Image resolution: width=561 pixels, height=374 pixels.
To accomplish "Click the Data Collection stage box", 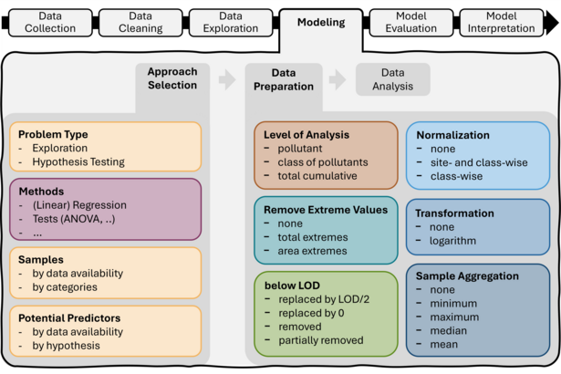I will tap(51, 22).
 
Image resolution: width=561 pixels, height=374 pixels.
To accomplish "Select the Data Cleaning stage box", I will tap(140, 22).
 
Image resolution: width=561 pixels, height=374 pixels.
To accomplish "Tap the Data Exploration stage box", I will tap(231, 22).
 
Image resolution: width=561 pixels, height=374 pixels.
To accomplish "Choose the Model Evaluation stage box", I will tap(411, 22).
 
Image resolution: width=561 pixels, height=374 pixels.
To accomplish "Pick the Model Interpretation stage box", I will tap(502, 22).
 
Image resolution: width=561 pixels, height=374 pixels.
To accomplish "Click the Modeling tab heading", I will tap(321, 23).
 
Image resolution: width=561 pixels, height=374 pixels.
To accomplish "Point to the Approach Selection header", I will tap(171, 78).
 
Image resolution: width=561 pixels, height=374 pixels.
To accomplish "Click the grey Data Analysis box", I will tap(392, 79).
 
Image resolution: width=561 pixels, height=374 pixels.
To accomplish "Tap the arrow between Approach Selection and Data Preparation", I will tap(227, 80).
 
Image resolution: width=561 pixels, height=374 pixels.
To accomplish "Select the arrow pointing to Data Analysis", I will tap(338, 80).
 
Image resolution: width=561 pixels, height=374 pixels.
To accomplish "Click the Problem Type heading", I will tap(53, 134).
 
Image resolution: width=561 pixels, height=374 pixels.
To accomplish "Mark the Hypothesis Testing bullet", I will tap(78, 161).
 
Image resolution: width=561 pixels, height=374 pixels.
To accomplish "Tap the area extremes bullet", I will tap(312, 251).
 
